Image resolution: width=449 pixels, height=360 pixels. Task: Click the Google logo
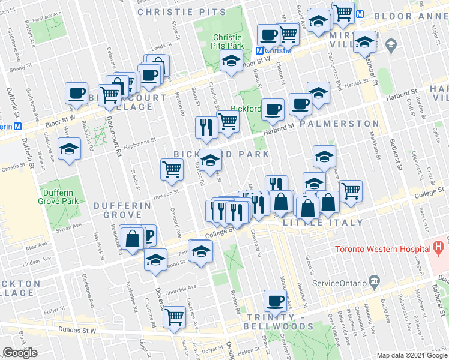(x=20, y=353)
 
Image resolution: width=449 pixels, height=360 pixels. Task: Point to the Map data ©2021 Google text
(x=412, y=355)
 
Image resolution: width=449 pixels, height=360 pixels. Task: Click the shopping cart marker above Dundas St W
(x=174, y=316)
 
